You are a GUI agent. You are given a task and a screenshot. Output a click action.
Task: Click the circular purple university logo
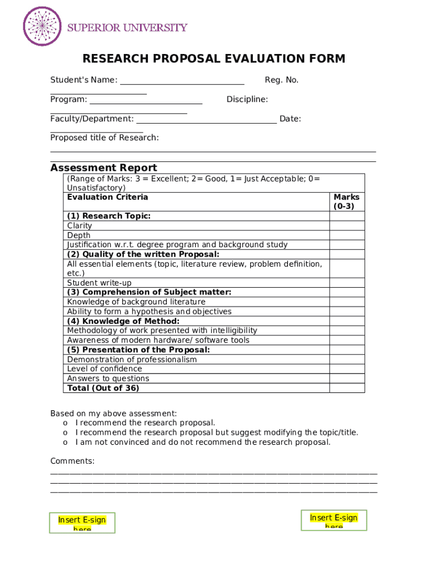(42, 26)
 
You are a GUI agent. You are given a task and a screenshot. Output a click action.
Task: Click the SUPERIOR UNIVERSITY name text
(127, 27)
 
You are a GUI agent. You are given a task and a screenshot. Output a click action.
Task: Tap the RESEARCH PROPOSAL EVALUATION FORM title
(213, 59)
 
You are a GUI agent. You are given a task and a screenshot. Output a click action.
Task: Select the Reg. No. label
(281, 80)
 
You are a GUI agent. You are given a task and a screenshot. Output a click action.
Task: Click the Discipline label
(247, 100)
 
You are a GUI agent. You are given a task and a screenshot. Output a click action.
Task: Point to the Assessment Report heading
(103, 168)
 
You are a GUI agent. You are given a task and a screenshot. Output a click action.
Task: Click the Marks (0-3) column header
(346, 202)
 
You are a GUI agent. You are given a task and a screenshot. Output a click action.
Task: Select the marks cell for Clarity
(347, 226)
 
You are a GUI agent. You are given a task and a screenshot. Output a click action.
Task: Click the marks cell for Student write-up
(347, 283)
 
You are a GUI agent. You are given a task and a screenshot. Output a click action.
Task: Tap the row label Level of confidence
(104, 368)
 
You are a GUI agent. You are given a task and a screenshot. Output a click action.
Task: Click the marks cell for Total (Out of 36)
(347, 388)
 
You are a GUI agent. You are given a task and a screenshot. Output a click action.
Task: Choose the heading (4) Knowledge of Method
(123, 321)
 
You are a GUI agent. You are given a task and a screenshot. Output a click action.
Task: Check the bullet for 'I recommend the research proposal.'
(65, 423)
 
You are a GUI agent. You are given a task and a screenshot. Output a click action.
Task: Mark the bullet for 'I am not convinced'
(65, 443)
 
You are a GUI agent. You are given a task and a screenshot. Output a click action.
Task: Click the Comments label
(72, 461)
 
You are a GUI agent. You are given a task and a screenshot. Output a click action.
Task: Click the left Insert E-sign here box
(82, 523)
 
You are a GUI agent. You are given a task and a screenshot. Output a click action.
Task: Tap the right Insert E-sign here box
(334, 520)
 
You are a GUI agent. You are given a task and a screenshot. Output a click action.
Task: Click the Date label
(290, 119)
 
